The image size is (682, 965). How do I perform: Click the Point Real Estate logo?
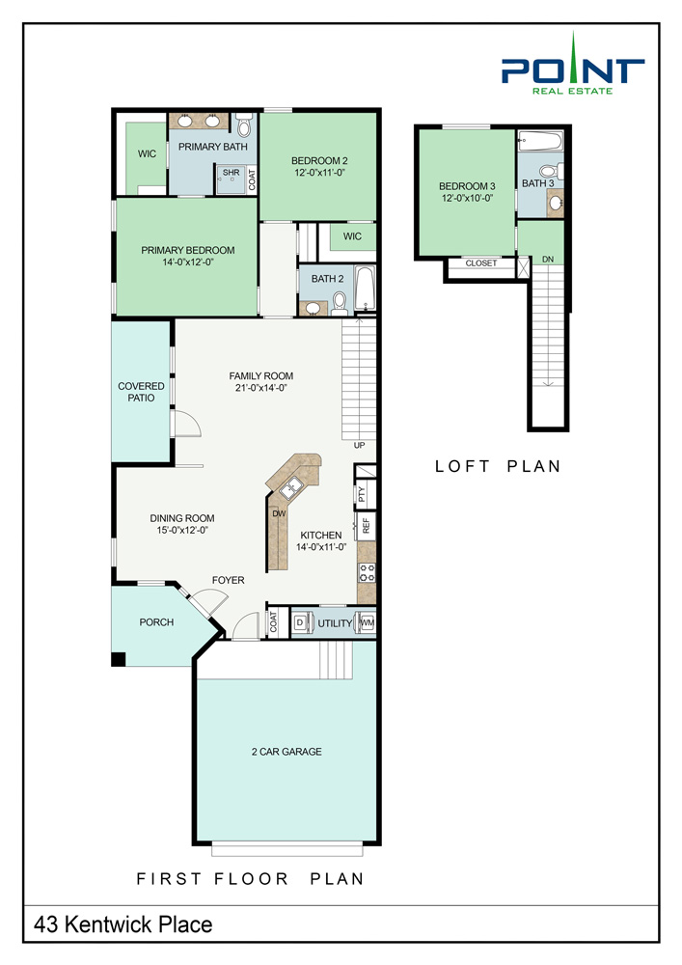click(573, 64)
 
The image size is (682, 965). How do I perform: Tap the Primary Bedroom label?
click(187, 251)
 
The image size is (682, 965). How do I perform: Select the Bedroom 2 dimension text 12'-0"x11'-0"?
click(319, 173)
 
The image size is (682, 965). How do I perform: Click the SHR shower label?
click(232, 173)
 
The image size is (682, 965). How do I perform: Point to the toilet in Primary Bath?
click(244, 124)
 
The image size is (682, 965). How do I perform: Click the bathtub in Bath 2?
click(365, 288)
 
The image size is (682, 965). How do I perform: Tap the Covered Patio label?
click(141, 392)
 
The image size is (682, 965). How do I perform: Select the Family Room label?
click(260, 376)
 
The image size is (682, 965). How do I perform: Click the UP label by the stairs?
click(359, 445)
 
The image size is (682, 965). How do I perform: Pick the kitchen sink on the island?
click(291, 488)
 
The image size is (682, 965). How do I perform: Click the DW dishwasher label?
click(279, 513)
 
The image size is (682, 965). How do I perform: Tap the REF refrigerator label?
click(367, 526)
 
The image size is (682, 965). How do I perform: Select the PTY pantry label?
click(362, 493)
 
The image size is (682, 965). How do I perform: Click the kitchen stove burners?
click(368, 573)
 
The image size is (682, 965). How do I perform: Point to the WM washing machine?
click(368, 622)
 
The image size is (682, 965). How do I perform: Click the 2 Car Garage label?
click(286, 752)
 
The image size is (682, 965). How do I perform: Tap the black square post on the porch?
click(118, 658)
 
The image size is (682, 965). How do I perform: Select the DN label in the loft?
click(548, 259)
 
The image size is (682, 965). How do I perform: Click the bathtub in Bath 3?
click(540, 142)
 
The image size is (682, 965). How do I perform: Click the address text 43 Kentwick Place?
click(123, 924)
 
